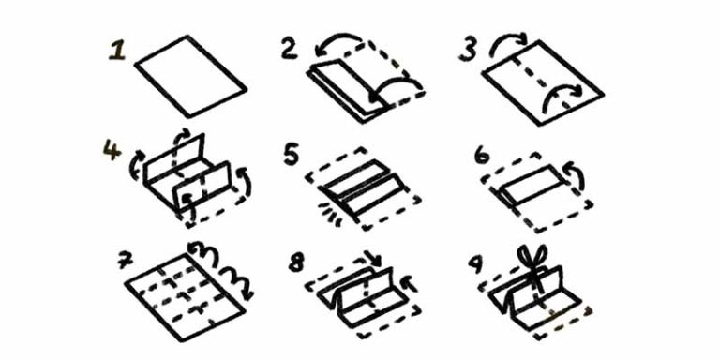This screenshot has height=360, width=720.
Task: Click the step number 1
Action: pos(116,51)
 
